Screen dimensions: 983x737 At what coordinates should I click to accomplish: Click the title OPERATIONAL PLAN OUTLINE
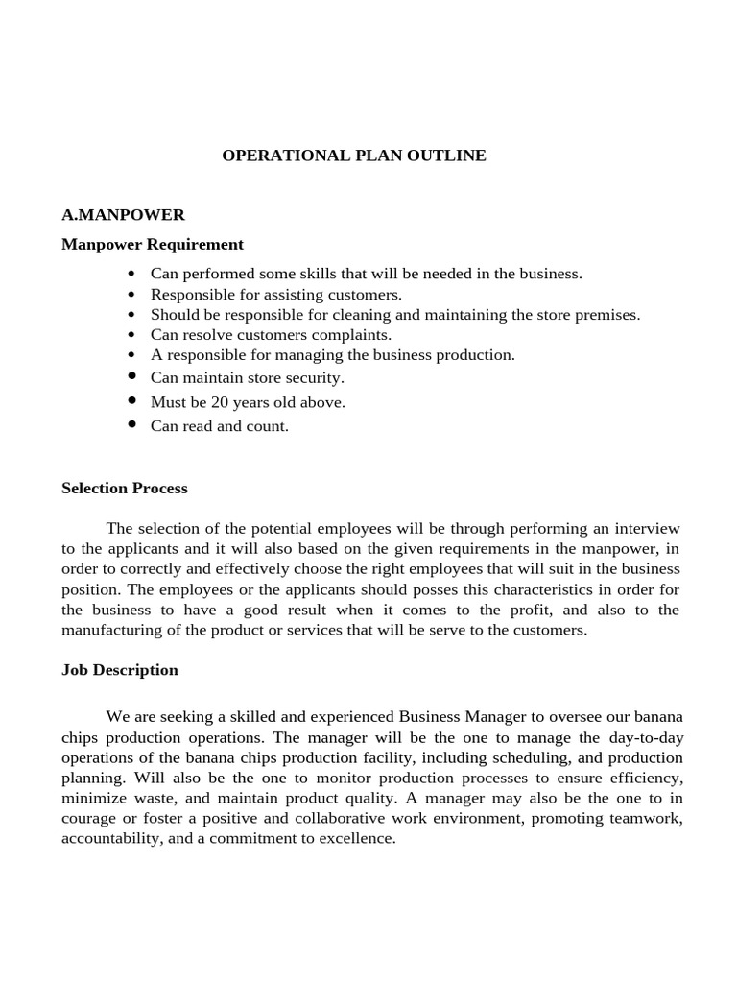tap(354, 156)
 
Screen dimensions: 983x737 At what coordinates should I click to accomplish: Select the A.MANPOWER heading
tap(123, 215)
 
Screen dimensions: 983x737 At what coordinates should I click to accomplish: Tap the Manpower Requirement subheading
tap(153, 244)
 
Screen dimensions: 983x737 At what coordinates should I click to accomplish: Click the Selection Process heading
tap(125, 488)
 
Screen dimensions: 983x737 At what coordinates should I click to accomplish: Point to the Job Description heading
tap(120, 669)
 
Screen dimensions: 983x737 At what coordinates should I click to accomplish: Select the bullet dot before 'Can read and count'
tap(132, 425)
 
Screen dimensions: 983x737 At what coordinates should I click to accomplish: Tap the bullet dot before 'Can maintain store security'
tap(132, 377)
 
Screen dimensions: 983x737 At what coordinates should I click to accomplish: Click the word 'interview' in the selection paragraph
tap(646, 529)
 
